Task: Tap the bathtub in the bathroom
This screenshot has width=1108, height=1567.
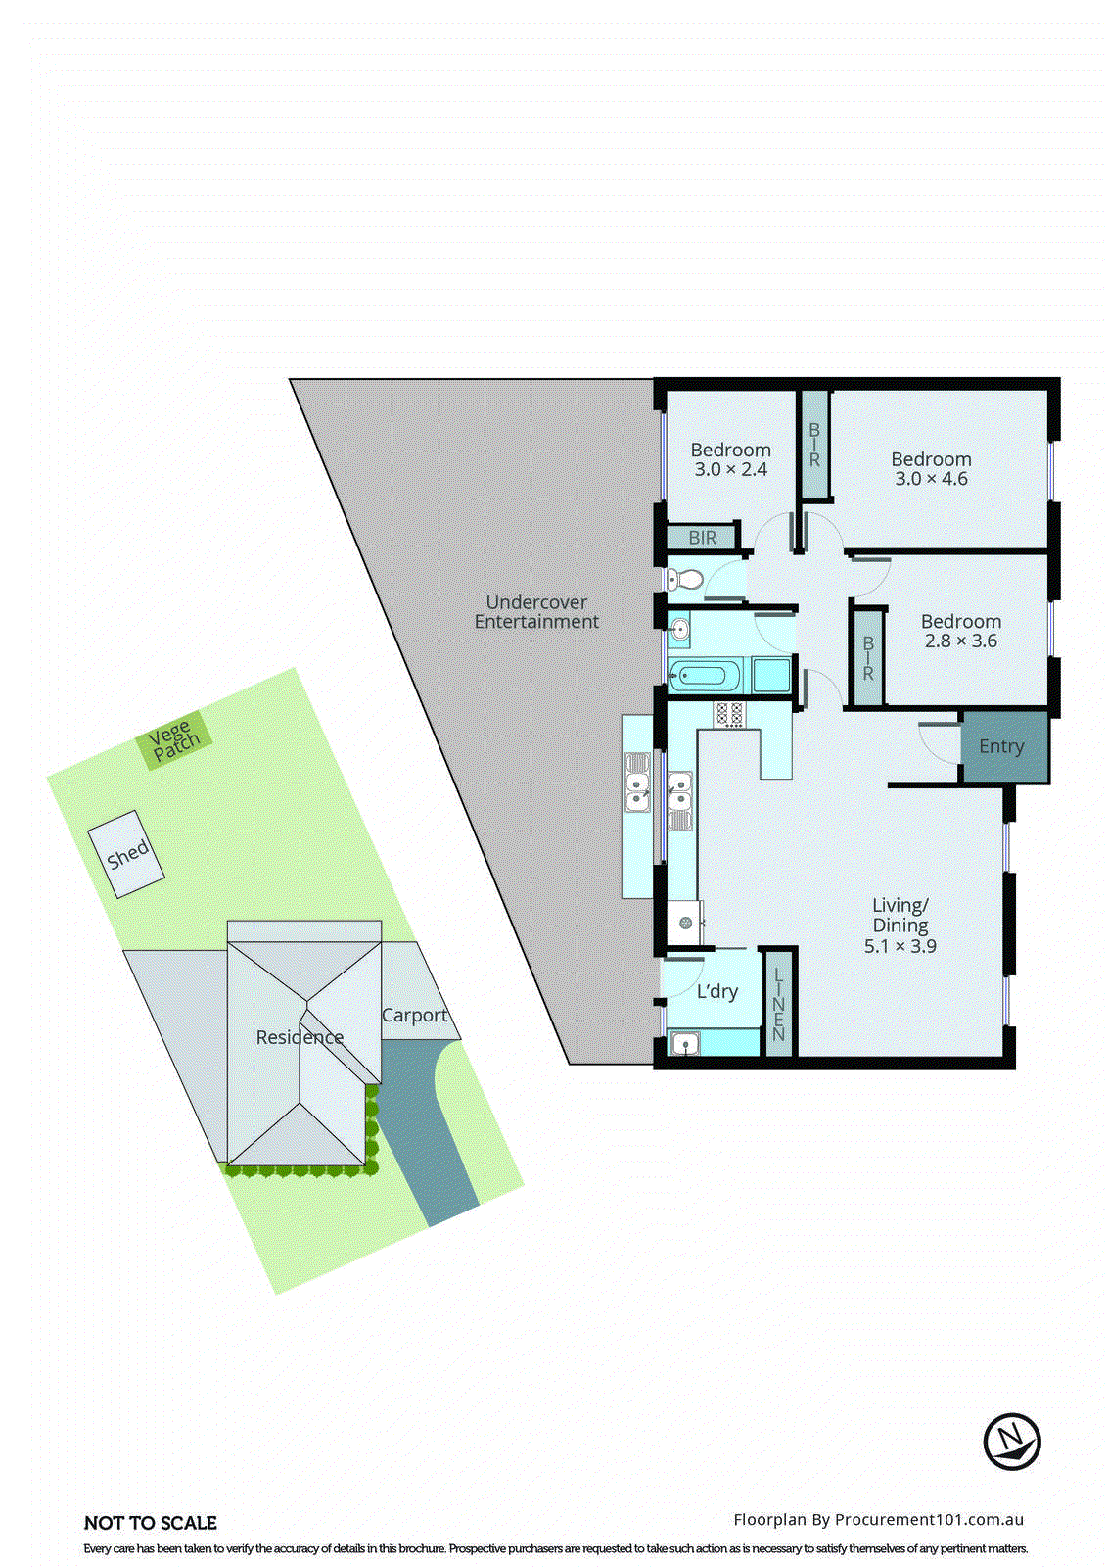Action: pos(703,675)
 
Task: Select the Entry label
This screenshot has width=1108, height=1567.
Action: pos(1001,746)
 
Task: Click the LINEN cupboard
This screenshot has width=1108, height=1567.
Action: pos(779,1003)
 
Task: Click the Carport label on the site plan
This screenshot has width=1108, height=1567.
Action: pos(414,1016)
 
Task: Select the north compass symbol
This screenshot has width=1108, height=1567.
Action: pos(1011,1442)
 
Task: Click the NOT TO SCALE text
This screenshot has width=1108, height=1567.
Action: pos(151,1523)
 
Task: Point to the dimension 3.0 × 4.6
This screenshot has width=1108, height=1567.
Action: pos(931,479)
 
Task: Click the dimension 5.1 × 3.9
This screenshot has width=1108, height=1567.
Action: pos(900,946)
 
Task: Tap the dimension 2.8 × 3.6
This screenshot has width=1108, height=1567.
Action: pos(960,641)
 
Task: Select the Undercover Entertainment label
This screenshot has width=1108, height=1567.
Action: pos(536,612)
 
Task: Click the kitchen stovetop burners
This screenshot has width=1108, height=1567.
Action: pos(729,714)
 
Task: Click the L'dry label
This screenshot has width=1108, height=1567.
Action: pos(717,991)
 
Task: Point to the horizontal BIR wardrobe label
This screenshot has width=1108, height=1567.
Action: pos(702,538)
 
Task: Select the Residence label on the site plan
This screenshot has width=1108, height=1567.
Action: pos(300,1037)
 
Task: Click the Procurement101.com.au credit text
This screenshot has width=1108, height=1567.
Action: pos(878,1520)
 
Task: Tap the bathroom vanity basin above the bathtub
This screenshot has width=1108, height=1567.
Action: pos(680,628)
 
